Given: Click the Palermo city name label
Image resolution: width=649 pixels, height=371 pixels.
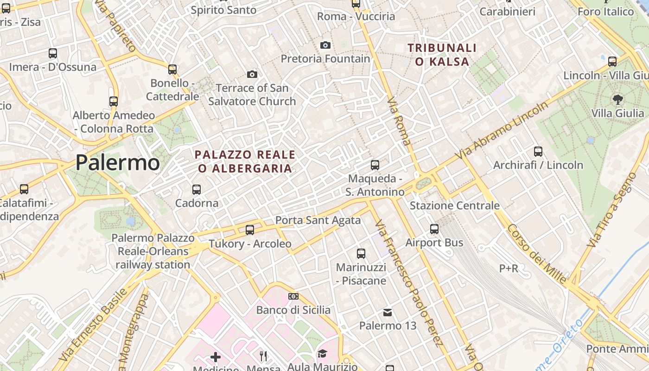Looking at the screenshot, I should click(117, 163).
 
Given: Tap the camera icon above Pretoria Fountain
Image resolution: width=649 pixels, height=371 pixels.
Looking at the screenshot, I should click(325, 45).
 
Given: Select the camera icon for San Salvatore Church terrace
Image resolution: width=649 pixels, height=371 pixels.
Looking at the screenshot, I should click(252, 74).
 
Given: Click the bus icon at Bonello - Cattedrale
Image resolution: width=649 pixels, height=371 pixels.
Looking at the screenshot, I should click(172, 70).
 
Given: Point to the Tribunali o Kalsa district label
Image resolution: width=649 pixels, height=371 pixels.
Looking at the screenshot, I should click(442, 54).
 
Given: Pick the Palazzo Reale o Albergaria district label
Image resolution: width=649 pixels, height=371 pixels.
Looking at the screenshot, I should click(245, 161).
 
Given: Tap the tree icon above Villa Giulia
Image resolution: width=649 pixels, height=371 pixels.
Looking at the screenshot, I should click(617, 99).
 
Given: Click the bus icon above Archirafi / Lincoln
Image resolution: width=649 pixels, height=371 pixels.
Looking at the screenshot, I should click(538, 151).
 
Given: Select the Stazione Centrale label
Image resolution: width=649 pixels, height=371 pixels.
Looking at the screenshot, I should click(454, 205).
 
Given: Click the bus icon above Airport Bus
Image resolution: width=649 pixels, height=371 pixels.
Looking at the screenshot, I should click(434, 229).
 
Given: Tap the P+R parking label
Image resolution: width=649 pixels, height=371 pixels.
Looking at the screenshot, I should click(508, 268).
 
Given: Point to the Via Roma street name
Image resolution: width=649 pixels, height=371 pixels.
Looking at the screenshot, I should click(399, 121).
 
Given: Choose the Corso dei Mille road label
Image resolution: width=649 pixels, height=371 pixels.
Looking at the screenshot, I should click(536, 254).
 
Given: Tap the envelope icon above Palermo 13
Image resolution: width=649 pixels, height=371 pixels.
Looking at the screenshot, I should click(388, 313).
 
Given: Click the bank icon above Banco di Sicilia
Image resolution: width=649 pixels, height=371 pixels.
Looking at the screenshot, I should click(293, 296).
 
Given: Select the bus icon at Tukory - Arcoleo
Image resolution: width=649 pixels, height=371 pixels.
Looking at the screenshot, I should click(250, 230).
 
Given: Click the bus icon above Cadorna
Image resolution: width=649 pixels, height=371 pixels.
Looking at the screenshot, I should click(197, 189).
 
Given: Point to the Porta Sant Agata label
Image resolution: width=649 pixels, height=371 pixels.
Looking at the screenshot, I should click(318, 220).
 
